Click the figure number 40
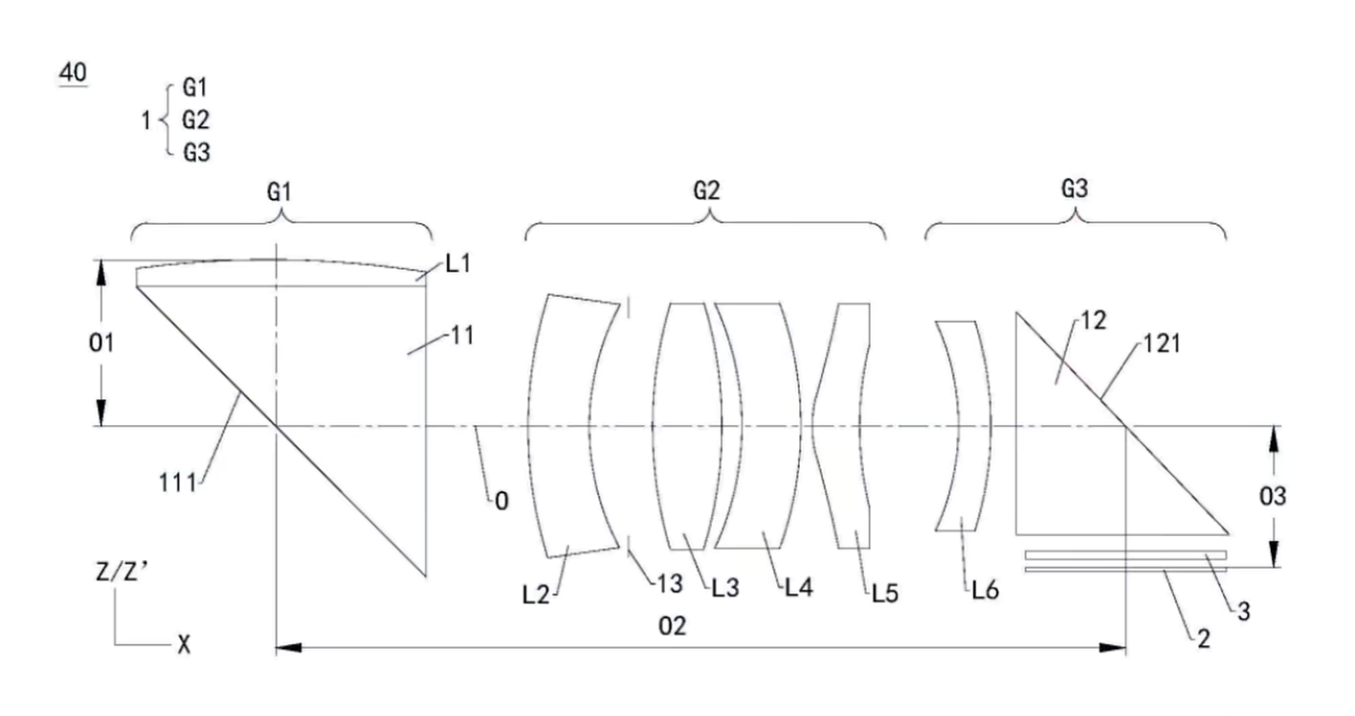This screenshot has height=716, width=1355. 73,73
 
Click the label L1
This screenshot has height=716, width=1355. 458,263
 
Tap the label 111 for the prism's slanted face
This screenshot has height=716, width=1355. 178,483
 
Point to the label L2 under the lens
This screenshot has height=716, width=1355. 536,595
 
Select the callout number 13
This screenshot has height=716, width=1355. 670,584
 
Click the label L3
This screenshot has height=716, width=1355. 725,588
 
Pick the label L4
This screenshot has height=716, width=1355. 799,587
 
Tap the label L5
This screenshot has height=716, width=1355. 885,593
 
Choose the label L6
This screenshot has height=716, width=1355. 986,590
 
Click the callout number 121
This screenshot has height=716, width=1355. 1162,344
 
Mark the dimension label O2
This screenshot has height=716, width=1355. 672,626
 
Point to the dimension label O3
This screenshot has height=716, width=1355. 1272,496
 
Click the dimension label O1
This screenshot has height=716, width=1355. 101,344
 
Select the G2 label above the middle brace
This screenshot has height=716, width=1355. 706,190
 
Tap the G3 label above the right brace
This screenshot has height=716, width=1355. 1075,189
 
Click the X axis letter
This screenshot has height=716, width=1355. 184,644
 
